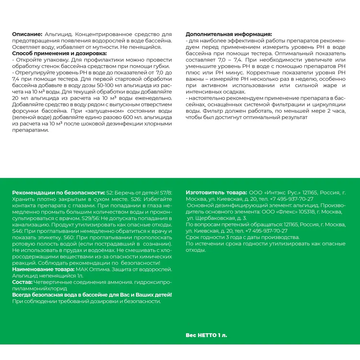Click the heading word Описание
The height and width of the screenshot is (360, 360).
tap(27, 34)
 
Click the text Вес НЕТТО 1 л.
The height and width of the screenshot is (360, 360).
tap(207, 335)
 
